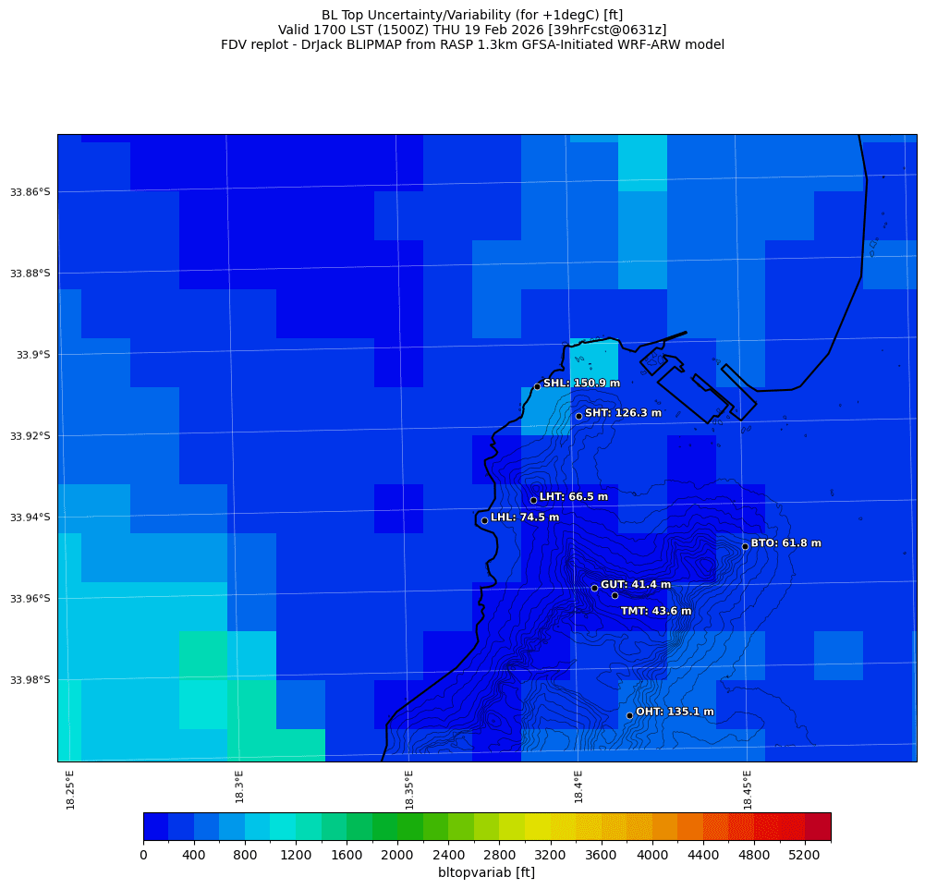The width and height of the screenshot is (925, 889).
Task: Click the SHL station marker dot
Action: click(x=537, y=386)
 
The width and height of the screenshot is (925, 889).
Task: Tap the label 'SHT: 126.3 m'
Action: click(x=623, y=413)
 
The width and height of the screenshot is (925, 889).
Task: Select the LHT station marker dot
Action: click(x=533, y=500)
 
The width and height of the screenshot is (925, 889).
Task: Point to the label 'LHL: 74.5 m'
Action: click(x=525, y=518)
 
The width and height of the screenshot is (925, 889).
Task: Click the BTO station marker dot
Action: click(x=745, y=546)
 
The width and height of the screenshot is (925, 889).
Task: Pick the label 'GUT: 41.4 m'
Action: click(x=636, y=585)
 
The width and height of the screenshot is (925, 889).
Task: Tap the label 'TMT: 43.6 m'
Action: click(x=656, y=611)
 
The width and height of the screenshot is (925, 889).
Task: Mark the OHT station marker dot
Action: click(x=629, y=715)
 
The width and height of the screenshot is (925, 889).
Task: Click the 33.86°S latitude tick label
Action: click(x=30, y=192)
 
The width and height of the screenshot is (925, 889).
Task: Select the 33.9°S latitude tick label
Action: click(x=32, y=355)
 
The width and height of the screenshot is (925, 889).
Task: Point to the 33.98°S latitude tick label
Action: click(x=30, y=680)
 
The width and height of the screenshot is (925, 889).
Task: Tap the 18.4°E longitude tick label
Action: click(x=578, y=786)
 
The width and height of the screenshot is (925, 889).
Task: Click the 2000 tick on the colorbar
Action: click(x=397, y=856)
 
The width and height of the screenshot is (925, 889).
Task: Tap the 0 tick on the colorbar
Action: click(x=143, y=856)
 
